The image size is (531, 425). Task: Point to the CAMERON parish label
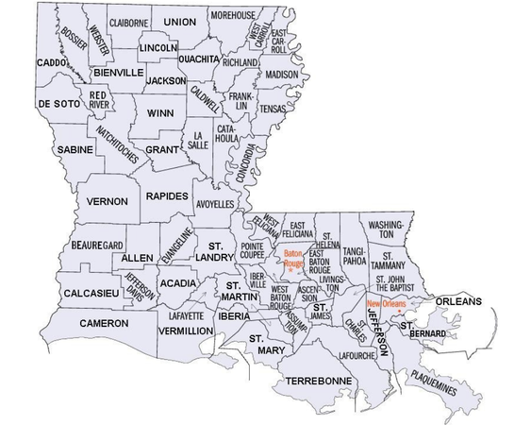(104, 324)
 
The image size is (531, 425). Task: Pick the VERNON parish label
(107, 201)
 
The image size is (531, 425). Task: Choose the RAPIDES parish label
(168, 195)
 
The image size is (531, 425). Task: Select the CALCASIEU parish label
(91, 294)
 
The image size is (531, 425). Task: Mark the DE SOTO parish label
(56, 103)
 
